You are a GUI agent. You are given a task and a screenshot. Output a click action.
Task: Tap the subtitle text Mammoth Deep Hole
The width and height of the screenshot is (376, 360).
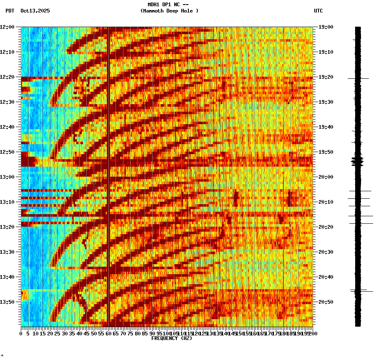point(169,11)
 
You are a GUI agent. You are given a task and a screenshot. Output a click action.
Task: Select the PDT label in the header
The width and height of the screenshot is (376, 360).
point(10,11)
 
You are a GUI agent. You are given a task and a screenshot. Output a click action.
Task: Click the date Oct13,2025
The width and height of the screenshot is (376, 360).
point(35,11)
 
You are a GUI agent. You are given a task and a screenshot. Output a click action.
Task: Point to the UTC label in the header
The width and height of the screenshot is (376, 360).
point(318,11)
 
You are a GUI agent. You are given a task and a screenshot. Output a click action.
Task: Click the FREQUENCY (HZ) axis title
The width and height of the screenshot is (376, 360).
point(172,338)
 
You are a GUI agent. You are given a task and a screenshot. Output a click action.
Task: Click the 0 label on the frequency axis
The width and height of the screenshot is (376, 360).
point(21,334)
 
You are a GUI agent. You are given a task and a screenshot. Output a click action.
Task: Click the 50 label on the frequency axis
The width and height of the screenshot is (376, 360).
point(94,334)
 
